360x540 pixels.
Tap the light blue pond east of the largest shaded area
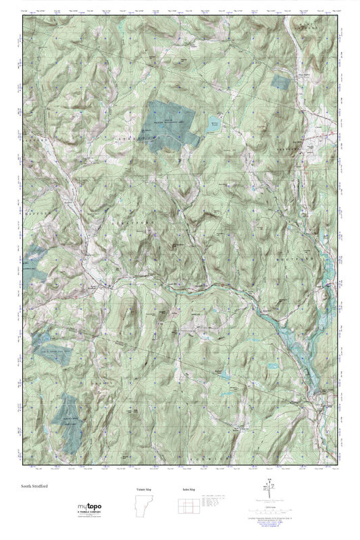click(213, 123)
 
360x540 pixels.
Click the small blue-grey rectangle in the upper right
click(279, 82)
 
